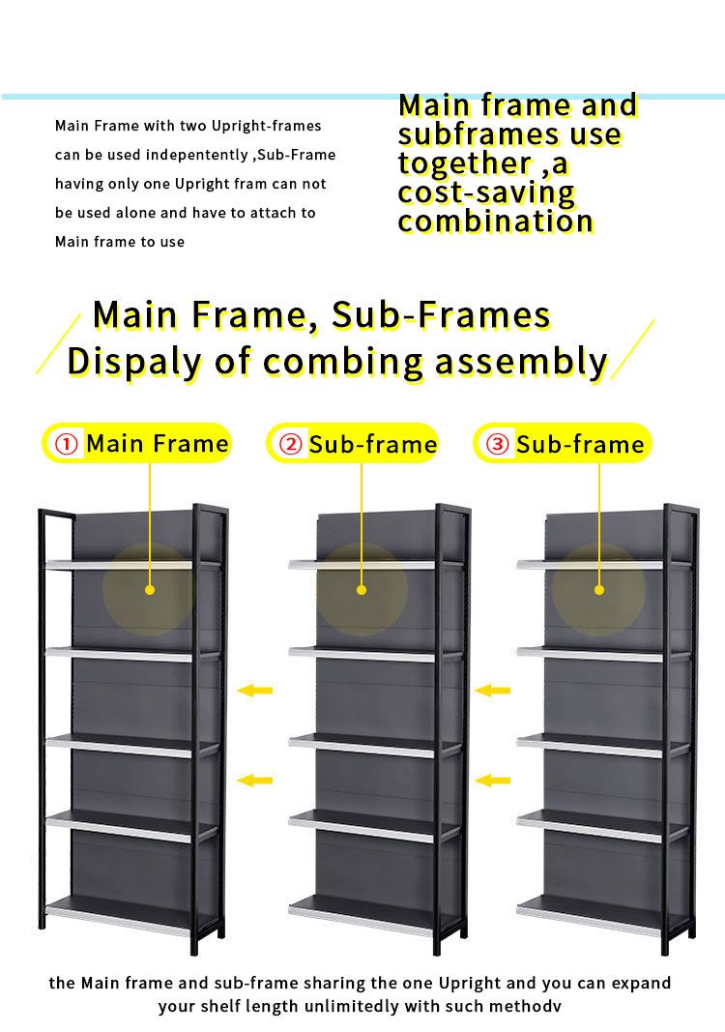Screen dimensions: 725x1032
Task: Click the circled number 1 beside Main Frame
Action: pyautogui.click(x=66, y=444)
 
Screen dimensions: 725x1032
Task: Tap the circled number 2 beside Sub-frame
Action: pyautogui.click(x=290, y=444)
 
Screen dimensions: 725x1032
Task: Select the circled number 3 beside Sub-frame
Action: pyautogui.click(x=498, y=444)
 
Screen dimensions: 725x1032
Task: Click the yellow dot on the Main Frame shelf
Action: pyautogui.click(x=149, y=590)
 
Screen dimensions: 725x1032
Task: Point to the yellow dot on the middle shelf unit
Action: pyautogui.click(x=362, y=590)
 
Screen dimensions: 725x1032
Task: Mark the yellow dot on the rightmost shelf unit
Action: pyautogui.click(x=598, y=590)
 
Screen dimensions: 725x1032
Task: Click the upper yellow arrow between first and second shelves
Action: pyautogui.click(x=254, y=691)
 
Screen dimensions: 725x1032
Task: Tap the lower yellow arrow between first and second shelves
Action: pyautogui.click(x=254, y=781)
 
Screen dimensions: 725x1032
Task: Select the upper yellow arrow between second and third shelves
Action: pyautogui.click(x=492, y=691)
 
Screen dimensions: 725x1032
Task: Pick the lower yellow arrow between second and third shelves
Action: pyautogui.click(x=492, y=781)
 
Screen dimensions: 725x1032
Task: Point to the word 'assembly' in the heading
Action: pyautogui.click(x=521, y=363)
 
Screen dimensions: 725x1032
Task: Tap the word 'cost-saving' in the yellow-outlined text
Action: pyautogui.click(x=486, y=193)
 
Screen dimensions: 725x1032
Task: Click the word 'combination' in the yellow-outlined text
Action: pyautogui.click(x=495, y=221)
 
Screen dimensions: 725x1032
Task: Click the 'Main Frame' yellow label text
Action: pyautogui.click(x=158, y=444)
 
